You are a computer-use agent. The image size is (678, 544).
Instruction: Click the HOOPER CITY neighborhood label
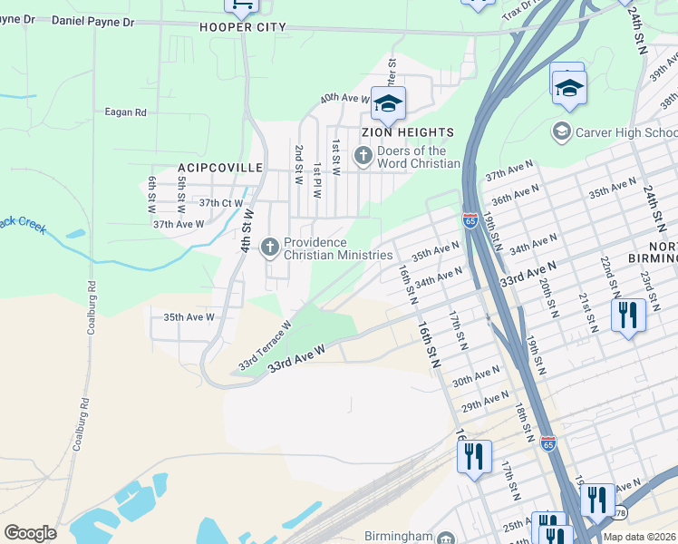(x=242, y=27)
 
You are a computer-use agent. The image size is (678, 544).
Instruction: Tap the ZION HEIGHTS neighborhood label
(x=408, y=132)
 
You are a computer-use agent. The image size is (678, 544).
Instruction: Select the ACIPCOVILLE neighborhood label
(x=220, y=168)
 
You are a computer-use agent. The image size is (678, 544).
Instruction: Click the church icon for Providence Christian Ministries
(x=270, y=246)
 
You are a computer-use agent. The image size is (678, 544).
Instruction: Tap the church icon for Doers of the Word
(x=363, y=156)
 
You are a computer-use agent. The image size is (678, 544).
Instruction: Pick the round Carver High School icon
(x=562, y=132)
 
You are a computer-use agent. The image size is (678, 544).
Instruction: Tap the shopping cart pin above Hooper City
(x=242, y=5)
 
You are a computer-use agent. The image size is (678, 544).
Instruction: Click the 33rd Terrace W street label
(x=265, y=345)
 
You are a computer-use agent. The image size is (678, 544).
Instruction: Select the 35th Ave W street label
(x=188, y=317)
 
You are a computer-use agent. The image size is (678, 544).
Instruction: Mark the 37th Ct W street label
(x=221, y=203)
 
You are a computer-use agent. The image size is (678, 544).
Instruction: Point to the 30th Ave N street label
(x=476, y=375)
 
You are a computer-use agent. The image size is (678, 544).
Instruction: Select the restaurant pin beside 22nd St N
(x=627, y=316)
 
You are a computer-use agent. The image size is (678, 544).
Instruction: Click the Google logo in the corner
(x=30, y=533)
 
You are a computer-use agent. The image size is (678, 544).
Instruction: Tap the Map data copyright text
(x=640, y=537)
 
